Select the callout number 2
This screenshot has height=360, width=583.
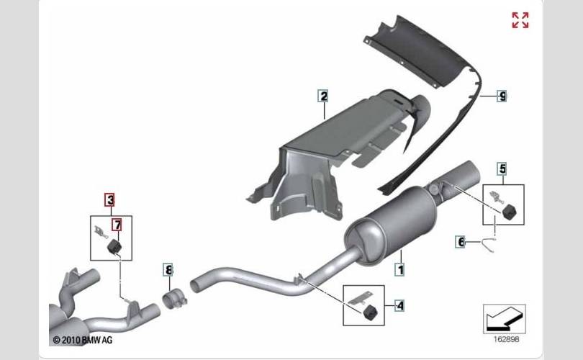click(323, 96)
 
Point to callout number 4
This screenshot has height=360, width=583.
click(399, 305)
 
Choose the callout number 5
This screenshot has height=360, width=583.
click(502, 168)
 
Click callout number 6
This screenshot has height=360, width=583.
click(461, 242)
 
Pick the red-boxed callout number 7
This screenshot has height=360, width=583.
click(117, 225)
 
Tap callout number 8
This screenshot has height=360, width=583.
click(168, 270)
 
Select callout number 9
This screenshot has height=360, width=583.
click(502, 96)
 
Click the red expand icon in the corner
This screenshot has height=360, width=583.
click(520, 20)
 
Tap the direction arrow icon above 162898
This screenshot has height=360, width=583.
click(504, 316)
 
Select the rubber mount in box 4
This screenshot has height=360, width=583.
click(371, 311)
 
